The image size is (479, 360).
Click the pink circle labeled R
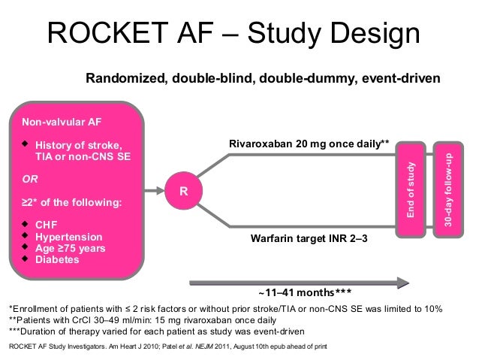tap(182, 191)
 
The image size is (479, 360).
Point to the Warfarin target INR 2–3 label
tap(309, 238)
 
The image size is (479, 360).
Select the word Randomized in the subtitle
tap(124, 78)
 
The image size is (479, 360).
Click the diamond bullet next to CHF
tap(26, 223)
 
